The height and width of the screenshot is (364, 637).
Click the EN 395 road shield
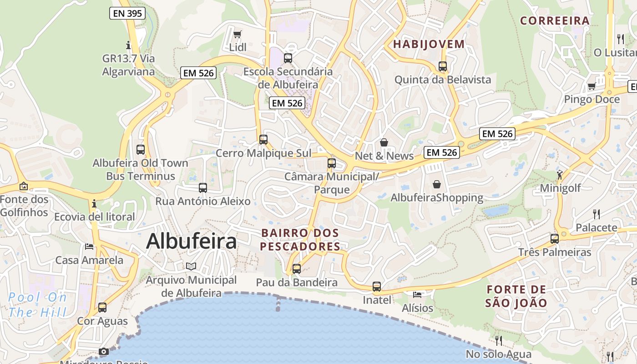[127, 13]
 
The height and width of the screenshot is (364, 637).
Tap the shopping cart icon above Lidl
[237, 34]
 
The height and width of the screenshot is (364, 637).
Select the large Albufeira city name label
[191, 241]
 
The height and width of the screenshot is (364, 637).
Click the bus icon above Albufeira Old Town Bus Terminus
[141, 149]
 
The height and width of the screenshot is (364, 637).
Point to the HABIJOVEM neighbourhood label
[429, 44]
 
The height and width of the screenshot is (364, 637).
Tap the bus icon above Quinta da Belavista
[443, 66]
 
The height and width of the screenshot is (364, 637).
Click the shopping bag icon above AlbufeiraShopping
[437, 184]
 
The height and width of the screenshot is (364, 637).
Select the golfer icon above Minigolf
[560, 174]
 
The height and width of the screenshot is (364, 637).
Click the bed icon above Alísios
[417, 295]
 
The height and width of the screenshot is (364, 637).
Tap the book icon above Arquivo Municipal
[191, 267]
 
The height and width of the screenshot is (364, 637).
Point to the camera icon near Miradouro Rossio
[104, 352]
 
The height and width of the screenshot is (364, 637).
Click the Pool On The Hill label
[37, 305]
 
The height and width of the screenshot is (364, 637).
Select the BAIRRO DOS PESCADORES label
[300, 240]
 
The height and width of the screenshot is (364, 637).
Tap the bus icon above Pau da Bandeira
[297, 269]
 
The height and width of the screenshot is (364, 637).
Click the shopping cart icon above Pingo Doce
[591, 86]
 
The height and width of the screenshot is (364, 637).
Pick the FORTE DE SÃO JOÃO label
[516, 296]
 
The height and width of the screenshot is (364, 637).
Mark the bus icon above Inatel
[377, 287]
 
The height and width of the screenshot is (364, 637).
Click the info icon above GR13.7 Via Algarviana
[128, 45]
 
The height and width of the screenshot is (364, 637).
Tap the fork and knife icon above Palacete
[597, 214]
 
